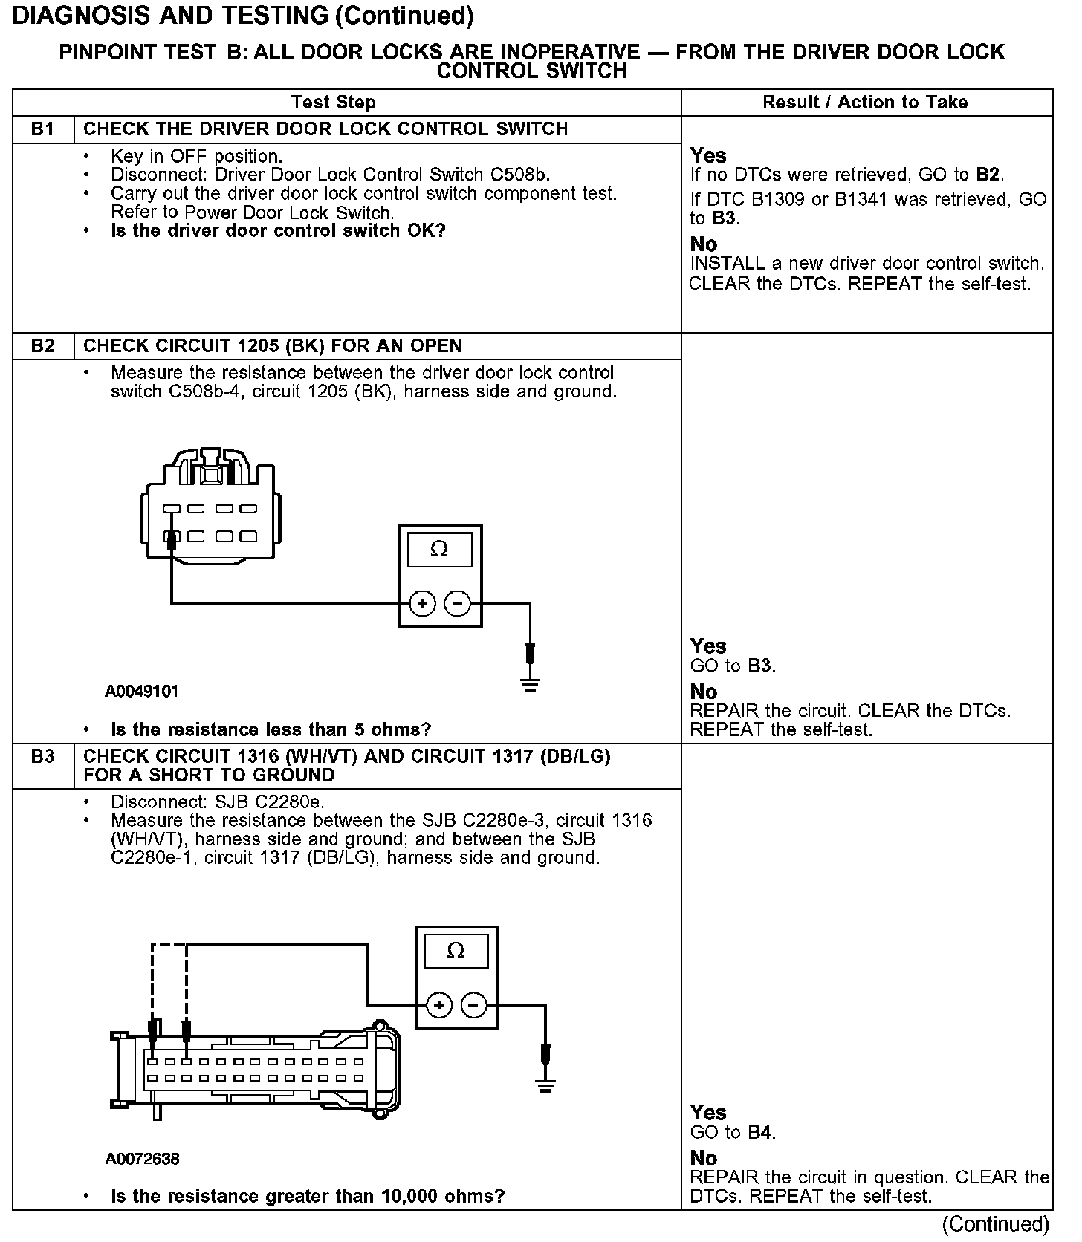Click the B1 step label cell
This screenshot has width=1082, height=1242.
43,129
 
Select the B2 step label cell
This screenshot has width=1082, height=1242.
43,346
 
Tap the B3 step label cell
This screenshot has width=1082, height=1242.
43,757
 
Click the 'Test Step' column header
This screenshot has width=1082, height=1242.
334,103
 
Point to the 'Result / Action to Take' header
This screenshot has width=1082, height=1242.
865,103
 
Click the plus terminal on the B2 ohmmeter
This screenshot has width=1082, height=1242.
422,604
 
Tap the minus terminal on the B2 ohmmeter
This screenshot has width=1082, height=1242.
457,604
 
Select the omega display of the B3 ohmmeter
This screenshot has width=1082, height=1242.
456,951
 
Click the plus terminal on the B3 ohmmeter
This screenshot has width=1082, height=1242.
439,1006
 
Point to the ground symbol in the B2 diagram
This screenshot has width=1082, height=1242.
529,685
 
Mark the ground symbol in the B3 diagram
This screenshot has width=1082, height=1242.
545,1087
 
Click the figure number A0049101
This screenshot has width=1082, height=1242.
142,692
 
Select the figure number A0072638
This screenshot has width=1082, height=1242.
143,1159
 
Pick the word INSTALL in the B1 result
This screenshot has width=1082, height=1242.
717,264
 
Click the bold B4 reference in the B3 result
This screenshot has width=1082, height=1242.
760,1133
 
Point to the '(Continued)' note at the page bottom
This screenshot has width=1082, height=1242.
996,1224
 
